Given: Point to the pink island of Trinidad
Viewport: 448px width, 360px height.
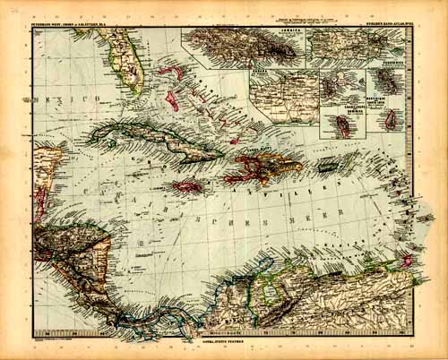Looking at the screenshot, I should click(x=407, y=261).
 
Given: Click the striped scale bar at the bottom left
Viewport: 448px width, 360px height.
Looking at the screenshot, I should click(x=67, y=341).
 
